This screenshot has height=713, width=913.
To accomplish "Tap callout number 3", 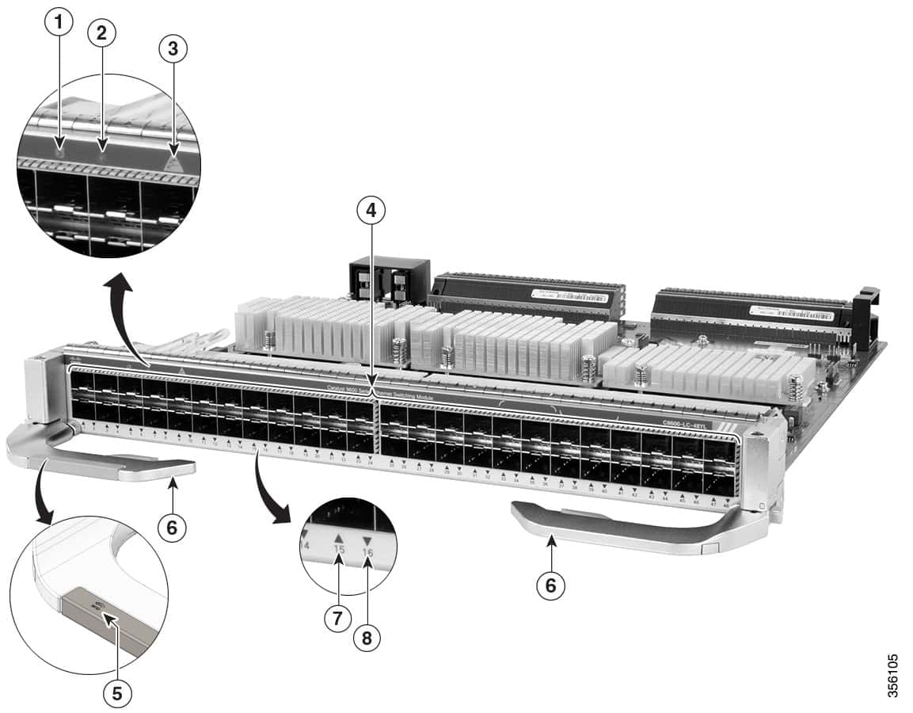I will [x=173, y=49].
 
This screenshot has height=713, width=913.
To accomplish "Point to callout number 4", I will [x=368, y=210].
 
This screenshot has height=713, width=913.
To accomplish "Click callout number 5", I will [x=116, y=693].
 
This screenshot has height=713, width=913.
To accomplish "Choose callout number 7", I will [x=337, y=617].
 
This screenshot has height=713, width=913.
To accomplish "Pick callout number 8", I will [x=366, y=639].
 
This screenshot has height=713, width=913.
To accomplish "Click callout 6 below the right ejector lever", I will [x=552, y=586].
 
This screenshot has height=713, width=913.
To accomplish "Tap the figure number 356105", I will [x=894, y=674].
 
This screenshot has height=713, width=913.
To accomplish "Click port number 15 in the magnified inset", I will [x=339, y=549].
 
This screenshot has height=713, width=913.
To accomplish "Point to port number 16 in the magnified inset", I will [x=367, y=551].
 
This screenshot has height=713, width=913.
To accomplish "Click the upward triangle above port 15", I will [x=339, y=536].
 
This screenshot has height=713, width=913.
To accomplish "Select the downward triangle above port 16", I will [x=366, y=540].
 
